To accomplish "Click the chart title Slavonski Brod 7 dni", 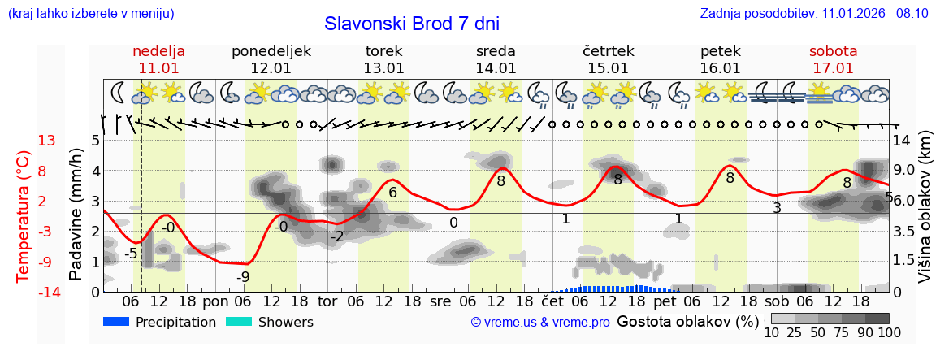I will point(412,24).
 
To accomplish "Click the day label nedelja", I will point(158,51).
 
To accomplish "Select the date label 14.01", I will point(496,68).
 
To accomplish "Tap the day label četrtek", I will point(608,51).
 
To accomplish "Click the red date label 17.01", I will point(833,68).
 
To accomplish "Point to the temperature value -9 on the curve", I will point(243,277).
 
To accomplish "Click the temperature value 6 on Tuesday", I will point(392,193).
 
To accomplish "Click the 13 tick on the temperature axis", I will point(46,141).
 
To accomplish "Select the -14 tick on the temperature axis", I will point(49,292).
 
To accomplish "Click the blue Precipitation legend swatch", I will point(117,322).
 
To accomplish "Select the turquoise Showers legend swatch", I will point(239,322).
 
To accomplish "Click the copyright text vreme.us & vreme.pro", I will point(540,322).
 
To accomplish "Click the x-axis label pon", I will point(215,301).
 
